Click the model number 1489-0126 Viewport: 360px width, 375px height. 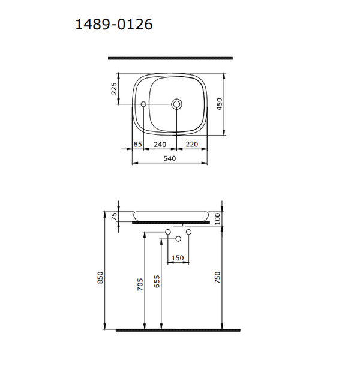113,25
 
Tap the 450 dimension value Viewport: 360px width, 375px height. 220,104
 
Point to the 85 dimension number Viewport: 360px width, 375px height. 137,144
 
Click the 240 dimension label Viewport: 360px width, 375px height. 160,144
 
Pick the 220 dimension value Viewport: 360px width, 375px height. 192,144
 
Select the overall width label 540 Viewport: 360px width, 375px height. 169,158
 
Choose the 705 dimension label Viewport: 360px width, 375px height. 140,284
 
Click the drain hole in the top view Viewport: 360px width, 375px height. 177,104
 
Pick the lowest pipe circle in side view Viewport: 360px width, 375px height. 178,239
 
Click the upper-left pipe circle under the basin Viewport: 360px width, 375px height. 167,232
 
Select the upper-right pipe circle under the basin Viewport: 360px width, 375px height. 188,232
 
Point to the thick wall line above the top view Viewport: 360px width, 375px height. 170,58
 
